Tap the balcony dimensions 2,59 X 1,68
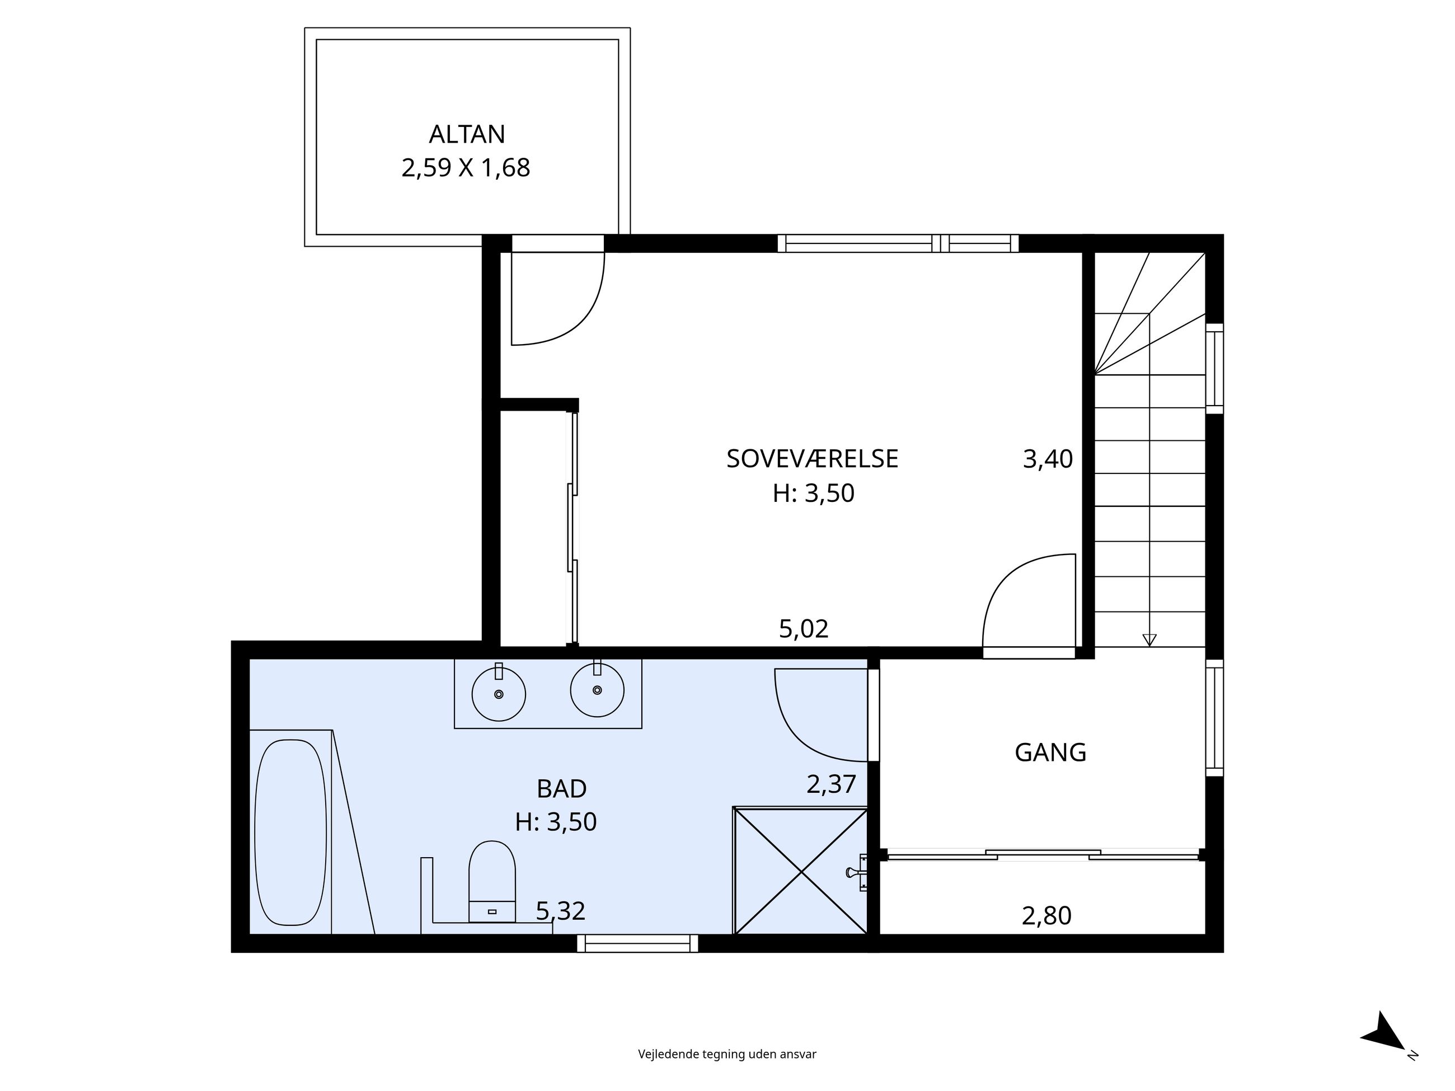pos(465,168)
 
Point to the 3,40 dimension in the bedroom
pos(1047,459)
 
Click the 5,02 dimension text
pos(803,629)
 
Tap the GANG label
pos(1050,753)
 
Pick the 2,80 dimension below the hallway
pos(1046,915)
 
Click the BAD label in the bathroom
pos(561,788)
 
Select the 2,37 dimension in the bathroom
pos(831,784)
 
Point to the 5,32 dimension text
pos(560,911)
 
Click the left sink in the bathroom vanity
pos(499,694)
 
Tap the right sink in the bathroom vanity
pos(597,690)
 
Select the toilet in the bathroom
pos(491,881)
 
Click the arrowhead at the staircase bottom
pos(1149,639)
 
